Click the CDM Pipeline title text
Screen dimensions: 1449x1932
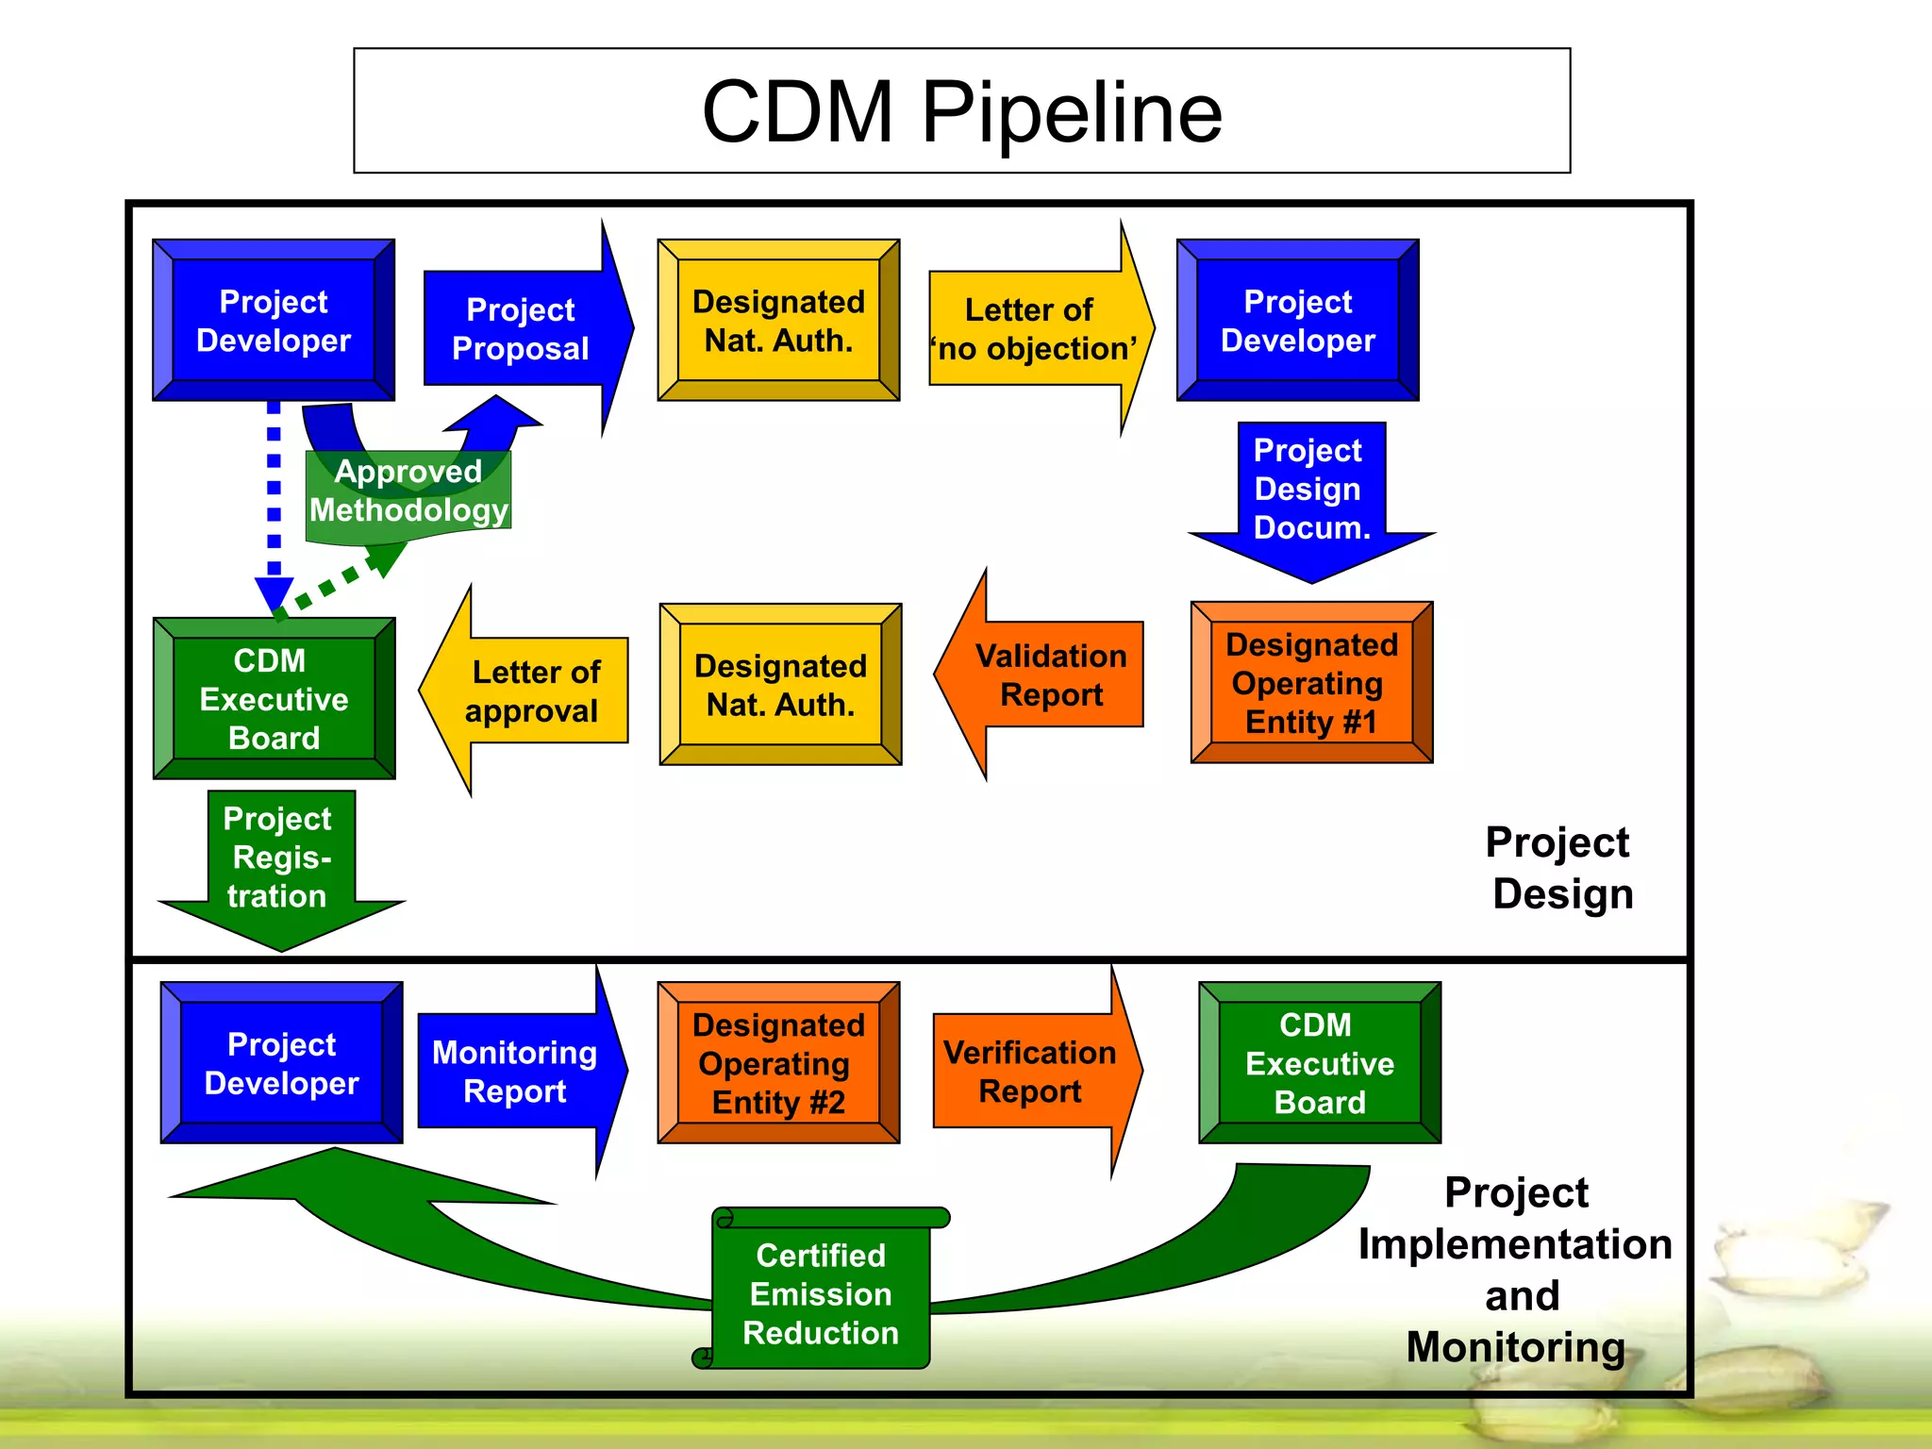tap(961, 111)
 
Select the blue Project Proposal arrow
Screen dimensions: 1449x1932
tap(522, 329)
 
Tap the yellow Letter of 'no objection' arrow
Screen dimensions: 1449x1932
tap(1033, 329)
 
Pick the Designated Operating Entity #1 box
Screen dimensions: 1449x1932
tap(1311, 683)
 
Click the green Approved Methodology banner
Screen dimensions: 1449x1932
tap(408, 493)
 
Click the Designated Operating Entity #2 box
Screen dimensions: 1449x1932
tap(778, 1063)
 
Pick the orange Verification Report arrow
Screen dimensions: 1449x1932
tap(1031, 1072)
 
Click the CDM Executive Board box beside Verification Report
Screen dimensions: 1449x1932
tap(1320, 1063)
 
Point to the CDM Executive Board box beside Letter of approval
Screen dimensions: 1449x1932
tap(274, 699)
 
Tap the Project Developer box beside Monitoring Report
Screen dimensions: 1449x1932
tap(281, 1063)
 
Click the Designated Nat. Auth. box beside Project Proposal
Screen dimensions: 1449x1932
tap(778, 321)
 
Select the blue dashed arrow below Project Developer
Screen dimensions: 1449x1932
tap(274, 500)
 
